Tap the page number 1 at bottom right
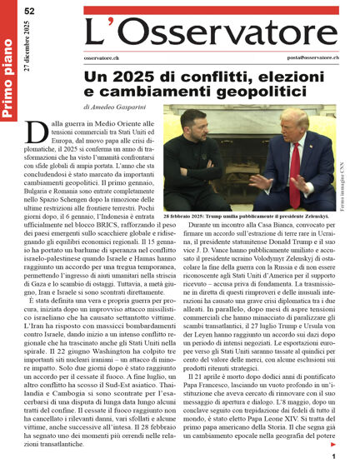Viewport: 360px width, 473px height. tap(333, 457)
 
